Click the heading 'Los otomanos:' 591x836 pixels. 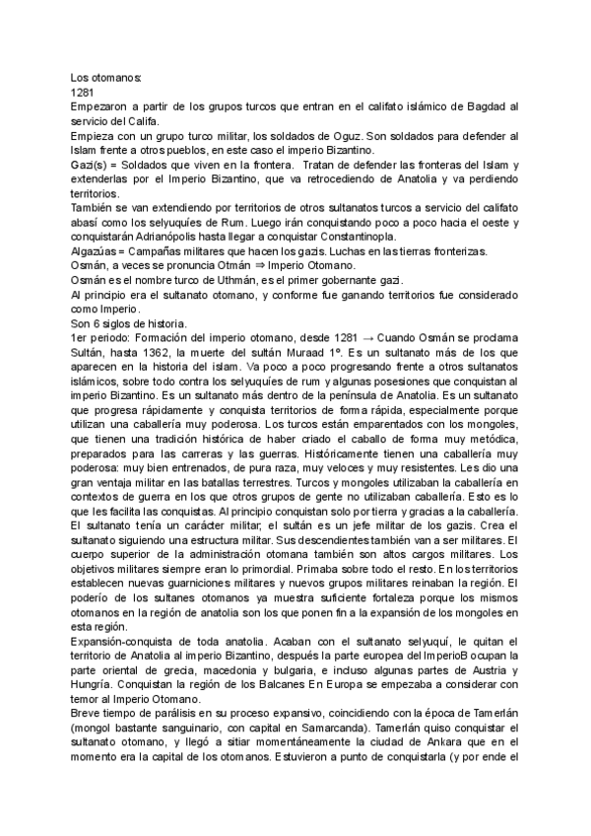[x=105, y=76]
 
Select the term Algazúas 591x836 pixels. [x=96, y=252]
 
